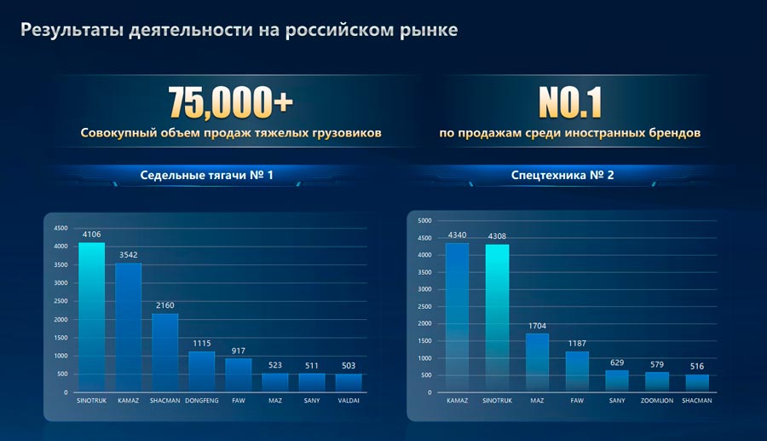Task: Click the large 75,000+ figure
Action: pyautogui.click(x=231, y=102)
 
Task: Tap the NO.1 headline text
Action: pyautogui.click(x=569, y=102)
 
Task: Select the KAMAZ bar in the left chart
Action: pyautogui.click(x=129, y=328)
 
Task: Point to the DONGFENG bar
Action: pyautogui.click(x=202, y=372)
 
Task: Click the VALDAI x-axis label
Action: pyautogui.click(x=349, y=400)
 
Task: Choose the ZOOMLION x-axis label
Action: pyautogui.click(x=656, y=400)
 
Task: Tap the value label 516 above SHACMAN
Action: pyautogui.click(x=697, y=366)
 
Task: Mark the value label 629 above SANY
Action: pyautogui.click(x=617, y=362)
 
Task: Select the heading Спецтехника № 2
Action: pyautogui.click(x=562, y=177)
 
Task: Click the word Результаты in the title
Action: pyautogui.click(x=72, y=32)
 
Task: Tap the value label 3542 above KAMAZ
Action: pyautogui.click(x=129, y=254)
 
